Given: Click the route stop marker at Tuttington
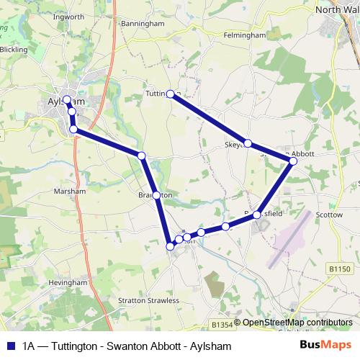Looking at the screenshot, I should coord(171,94).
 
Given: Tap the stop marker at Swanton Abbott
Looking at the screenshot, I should coord(293,161).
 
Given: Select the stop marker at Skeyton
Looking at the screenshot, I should coord(248,143).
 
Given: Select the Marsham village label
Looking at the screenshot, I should coord(71,192).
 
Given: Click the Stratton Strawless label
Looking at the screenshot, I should coord(148,300).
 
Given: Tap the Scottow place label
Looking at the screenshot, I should coord(330,214).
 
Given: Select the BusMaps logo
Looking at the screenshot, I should coord(325,346).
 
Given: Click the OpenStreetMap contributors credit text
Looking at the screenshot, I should coord(297,323).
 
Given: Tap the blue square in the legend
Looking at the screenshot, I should coord(10,346).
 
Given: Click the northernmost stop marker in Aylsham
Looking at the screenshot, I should coord(67,100).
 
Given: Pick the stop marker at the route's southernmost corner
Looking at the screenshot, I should coord(171,246).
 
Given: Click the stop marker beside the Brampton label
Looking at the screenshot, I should coord(156,194).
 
